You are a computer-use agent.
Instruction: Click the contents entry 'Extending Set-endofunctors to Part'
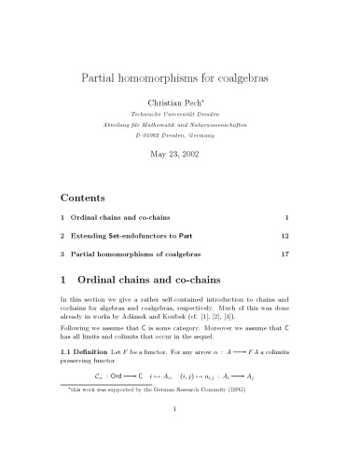145,232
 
